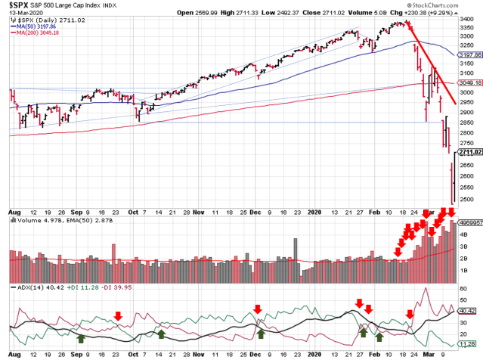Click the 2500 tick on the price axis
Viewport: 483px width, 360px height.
466,191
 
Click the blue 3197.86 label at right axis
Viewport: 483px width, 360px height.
469,54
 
